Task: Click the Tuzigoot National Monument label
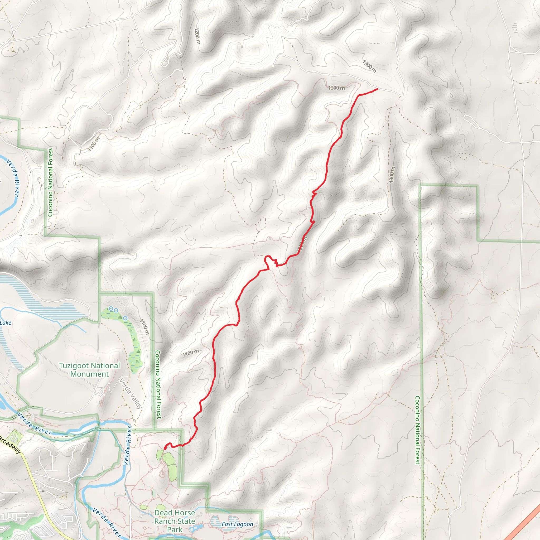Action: [89, 370]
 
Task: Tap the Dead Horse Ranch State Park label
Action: [175, 521]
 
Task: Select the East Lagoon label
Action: [237, 524]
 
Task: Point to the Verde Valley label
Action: [131, 394]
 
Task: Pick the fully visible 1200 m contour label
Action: [197, 36]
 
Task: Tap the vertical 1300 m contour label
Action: [392, 175]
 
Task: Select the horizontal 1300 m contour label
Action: [336, 88]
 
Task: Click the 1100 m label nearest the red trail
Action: [191, 353]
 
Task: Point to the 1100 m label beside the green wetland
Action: [144, 327]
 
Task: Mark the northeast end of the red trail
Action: [378, 89]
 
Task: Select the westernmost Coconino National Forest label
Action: [50, 182]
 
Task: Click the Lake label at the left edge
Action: [6, 323]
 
